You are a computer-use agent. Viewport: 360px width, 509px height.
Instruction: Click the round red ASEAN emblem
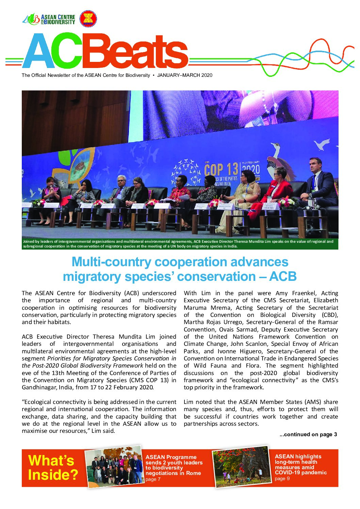pyautogui.click(x=88, y=19)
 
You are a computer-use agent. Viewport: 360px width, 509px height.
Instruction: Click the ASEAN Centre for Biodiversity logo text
pyautogui.click(x=58, y=19)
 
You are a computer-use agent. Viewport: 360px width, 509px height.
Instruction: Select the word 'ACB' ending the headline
pyautogui.click(x=283, y=276)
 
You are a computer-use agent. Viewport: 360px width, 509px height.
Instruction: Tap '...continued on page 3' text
pyautogui.click(x=308, y=434)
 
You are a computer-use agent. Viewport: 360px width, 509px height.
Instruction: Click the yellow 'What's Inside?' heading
pyautogui.click(x=53, y=468)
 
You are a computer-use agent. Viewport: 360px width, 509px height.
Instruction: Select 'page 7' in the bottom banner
pyautogui.click(x=151, y=479)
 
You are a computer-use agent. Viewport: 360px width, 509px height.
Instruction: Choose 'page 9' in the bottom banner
pyautogui.click(x=280, y=478)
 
